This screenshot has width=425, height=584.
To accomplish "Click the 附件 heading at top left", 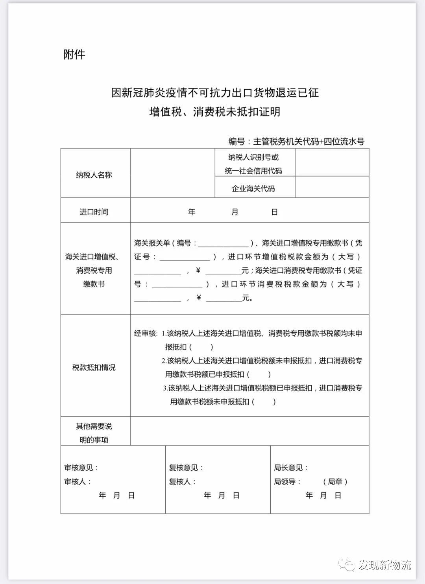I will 74,54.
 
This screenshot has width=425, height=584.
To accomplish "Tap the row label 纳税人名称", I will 94,175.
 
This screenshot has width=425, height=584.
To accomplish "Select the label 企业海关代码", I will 253,188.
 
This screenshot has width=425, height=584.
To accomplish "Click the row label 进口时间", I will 94,212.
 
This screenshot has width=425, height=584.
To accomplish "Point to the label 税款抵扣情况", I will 94,367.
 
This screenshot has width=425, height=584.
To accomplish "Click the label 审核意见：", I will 81,468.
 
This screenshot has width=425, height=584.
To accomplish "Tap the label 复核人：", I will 183,481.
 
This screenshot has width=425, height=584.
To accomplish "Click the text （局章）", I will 335,481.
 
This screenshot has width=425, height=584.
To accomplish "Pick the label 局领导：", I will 288,481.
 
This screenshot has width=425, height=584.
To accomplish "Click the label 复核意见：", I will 186,468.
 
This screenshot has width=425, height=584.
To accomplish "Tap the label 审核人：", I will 78,481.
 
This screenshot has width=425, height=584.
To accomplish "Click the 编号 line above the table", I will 296,142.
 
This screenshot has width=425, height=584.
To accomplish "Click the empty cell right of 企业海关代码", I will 332,187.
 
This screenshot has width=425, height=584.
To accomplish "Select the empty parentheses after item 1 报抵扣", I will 201,347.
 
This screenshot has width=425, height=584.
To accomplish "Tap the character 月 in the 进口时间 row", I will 235,212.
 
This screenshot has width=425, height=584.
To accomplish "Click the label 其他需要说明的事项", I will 94,433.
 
